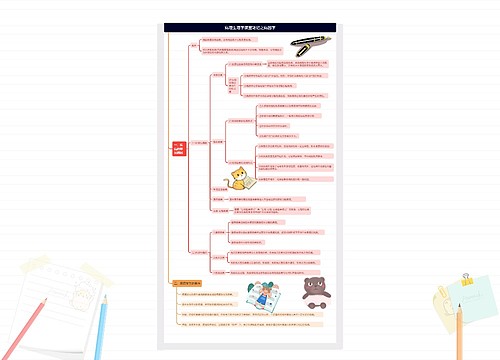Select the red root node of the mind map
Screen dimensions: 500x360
click(179, 147)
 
